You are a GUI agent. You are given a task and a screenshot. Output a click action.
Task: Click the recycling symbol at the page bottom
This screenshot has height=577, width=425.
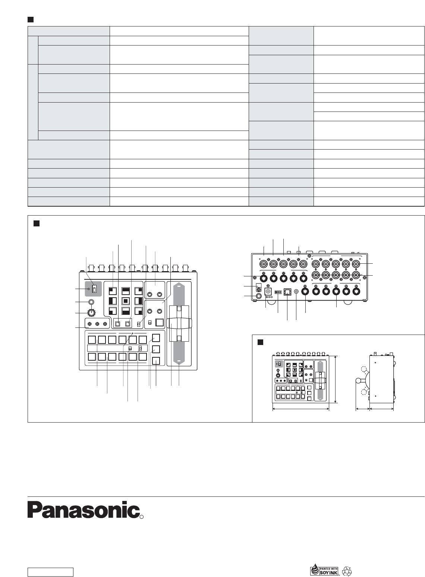(347, 571)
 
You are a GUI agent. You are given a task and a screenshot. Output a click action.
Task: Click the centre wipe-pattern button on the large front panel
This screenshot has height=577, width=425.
(126, 300)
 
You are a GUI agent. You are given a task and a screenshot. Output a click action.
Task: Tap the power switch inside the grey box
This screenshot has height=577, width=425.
(94, 289)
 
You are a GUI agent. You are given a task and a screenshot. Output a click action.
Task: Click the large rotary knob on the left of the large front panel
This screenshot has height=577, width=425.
(91, 313)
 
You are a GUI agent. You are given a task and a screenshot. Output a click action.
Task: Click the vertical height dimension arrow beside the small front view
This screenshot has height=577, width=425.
(336, 379)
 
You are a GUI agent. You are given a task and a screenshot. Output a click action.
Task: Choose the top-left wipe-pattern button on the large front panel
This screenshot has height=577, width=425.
(113, 291)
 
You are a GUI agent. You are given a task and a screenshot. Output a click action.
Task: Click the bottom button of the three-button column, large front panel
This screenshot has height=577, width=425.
(156, 361)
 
